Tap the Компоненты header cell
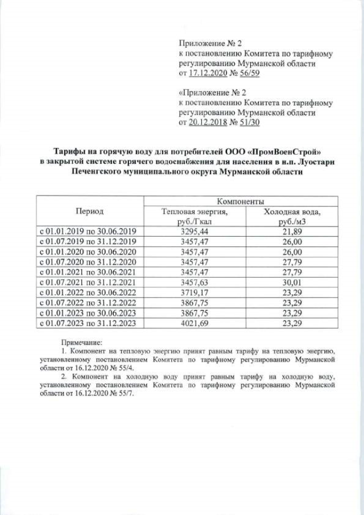coord(240,201)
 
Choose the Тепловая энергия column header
coord(195,217)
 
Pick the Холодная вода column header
coord(292,217)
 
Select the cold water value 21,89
coord(292,231)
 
